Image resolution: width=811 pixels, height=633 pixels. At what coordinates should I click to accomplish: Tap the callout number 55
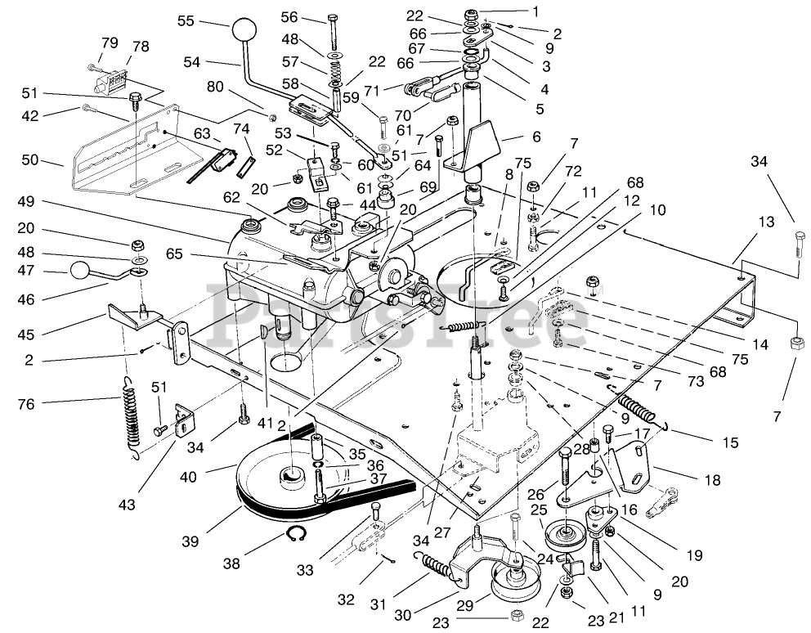tap(186, 20)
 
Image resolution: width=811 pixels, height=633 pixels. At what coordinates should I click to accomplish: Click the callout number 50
tap(30, 160)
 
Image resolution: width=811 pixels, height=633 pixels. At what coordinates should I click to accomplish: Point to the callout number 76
tap(25, 404)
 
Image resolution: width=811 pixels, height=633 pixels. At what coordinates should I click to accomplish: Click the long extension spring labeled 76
tap(132, 417)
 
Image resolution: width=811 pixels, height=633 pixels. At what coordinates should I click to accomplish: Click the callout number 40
tap(188, 476)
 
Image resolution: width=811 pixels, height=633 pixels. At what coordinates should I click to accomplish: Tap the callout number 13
tap(766, 222)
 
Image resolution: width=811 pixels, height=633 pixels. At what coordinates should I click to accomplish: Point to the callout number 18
tap(712, 480)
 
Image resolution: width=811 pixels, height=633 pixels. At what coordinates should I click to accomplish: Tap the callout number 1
tap(535, 11)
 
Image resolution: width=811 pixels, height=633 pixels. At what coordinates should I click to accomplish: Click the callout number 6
tap(536, 137)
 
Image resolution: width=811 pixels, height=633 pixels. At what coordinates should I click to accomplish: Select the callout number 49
tap(25, 201)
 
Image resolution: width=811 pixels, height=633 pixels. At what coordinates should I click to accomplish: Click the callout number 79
tap(110, 43)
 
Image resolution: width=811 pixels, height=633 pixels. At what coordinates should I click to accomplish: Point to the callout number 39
tap(190, 541)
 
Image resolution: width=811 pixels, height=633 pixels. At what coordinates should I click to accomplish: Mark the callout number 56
tap(289, 17)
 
